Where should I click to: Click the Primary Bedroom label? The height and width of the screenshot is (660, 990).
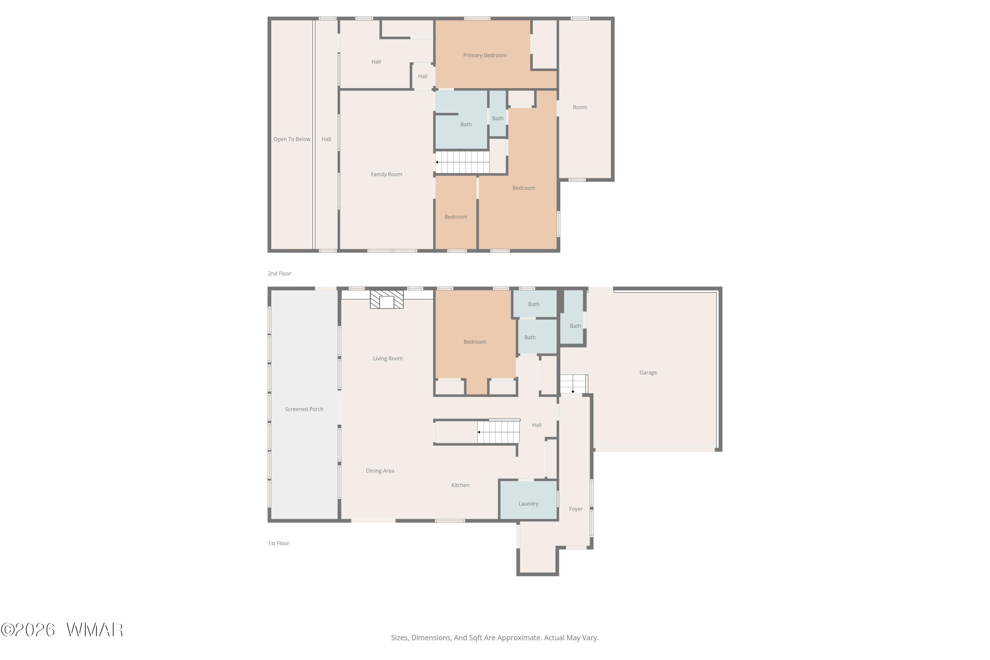pyautogui.click(x=484, y=55)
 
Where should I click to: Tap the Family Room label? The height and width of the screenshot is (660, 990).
pyautogui.click(x=386, y=174)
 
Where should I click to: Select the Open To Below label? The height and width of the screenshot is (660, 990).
pyautogui.click(x=292, y=139)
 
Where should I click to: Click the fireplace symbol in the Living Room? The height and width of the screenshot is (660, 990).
pyautogui.click(x=386, y=299)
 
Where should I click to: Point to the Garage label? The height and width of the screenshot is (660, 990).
pyautogui.click(x=648, y=373)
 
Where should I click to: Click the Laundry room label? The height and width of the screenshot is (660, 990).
pyautogui.click(x=528, y=504)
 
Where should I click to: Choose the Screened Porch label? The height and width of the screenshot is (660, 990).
pyautogui.click(x=304, y=409)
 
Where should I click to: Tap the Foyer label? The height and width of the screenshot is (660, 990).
pyautogui.click(x=576, y=509)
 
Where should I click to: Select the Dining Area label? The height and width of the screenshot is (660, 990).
pyautogui.click(x=380, y=471)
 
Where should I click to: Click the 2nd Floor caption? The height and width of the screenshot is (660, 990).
pyautogui.click(x=280, y=274)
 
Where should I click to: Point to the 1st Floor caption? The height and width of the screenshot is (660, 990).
pyautogui.click(x=279, y=544)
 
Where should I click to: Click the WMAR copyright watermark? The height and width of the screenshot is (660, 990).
pyautogui.click(x=62, y=630)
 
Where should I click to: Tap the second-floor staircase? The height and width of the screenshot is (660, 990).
pyautogui.click(x=462, y=162)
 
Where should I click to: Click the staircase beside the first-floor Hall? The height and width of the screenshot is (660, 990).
pyautogui.click(x=498, y=432)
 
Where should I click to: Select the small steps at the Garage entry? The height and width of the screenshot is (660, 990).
pyautogui.click(x=573, y=384)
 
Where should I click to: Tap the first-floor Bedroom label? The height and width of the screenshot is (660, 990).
pyautogui.click(x=475, y=342)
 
